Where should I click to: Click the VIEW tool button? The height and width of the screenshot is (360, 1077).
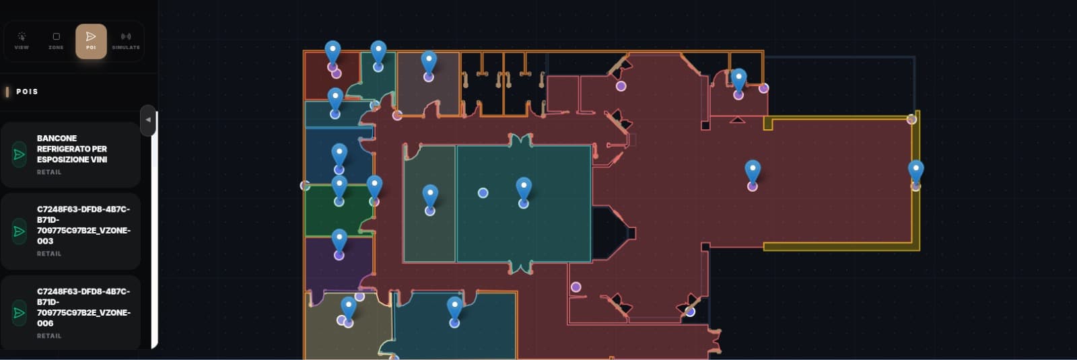tap(22, 41)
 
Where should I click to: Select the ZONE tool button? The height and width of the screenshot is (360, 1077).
tap(56, 41)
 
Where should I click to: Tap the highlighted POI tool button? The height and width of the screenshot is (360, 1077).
tap(91, 41)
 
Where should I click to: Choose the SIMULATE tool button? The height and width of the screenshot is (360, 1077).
tap(126, 41)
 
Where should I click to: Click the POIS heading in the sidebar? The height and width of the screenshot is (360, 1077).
tap(27, 92)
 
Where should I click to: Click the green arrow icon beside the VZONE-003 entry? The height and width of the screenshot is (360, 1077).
tap(20, 231)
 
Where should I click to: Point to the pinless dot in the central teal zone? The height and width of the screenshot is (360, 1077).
tap(483, 192)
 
